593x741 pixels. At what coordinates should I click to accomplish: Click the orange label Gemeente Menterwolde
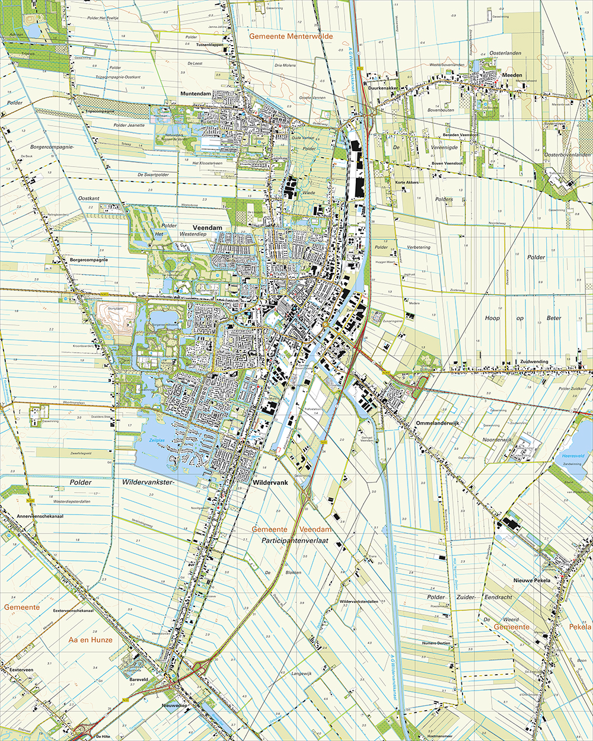291,36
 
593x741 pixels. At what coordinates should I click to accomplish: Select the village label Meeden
512,75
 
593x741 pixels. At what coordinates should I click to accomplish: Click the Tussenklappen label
211,44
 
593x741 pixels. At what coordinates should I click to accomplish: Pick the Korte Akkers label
407,183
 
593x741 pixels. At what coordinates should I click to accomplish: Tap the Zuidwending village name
534,362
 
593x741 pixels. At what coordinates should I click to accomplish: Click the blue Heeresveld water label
573,455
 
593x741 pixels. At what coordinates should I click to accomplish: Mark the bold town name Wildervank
270,483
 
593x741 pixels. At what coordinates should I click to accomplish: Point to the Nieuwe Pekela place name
532,580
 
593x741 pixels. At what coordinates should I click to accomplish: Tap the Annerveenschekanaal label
24,516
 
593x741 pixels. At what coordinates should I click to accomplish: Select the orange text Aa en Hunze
90,640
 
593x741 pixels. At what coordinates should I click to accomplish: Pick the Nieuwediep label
174,706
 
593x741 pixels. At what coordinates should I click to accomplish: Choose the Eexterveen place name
21,669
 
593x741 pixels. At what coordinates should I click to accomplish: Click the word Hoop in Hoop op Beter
492,318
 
